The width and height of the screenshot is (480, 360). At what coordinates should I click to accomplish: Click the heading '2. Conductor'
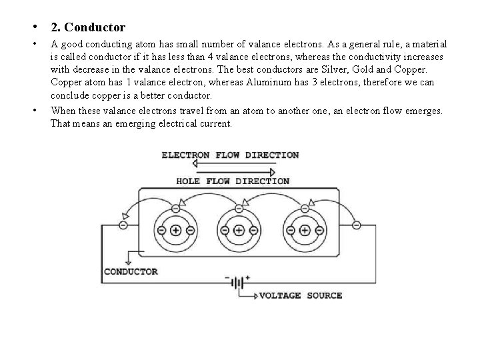click(87, 27)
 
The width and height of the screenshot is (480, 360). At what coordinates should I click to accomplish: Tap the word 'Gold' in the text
click(398, 69)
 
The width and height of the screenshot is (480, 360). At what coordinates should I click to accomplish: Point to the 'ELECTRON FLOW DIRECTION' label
click(230, 155)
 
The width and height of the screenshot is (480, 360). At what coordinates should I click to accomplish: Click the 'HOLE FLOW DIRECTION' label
click(232, 181)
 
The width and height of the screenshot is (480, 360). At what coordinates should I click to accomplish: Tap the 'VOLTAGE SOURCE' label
click(300, 295)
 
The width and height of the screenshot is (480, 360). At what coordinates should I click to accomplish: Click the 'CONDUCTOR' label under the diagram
click(131, 271)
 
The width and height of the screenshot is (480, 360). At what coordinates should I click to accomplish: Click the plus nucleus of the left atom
click(175, 231)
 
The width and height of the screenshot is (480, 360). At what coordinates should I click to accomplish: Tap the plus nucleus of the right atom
click(305, 231)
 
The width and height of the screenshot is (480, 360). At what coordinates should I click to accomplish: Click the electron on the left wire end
click(123, 225)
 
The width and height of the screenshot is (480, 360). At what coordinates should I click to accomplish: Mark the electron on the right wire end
click(357, 225)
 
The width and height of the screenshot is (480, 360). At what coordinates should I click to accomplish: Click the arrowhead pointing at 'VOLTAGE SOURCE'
click(254, 295)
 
